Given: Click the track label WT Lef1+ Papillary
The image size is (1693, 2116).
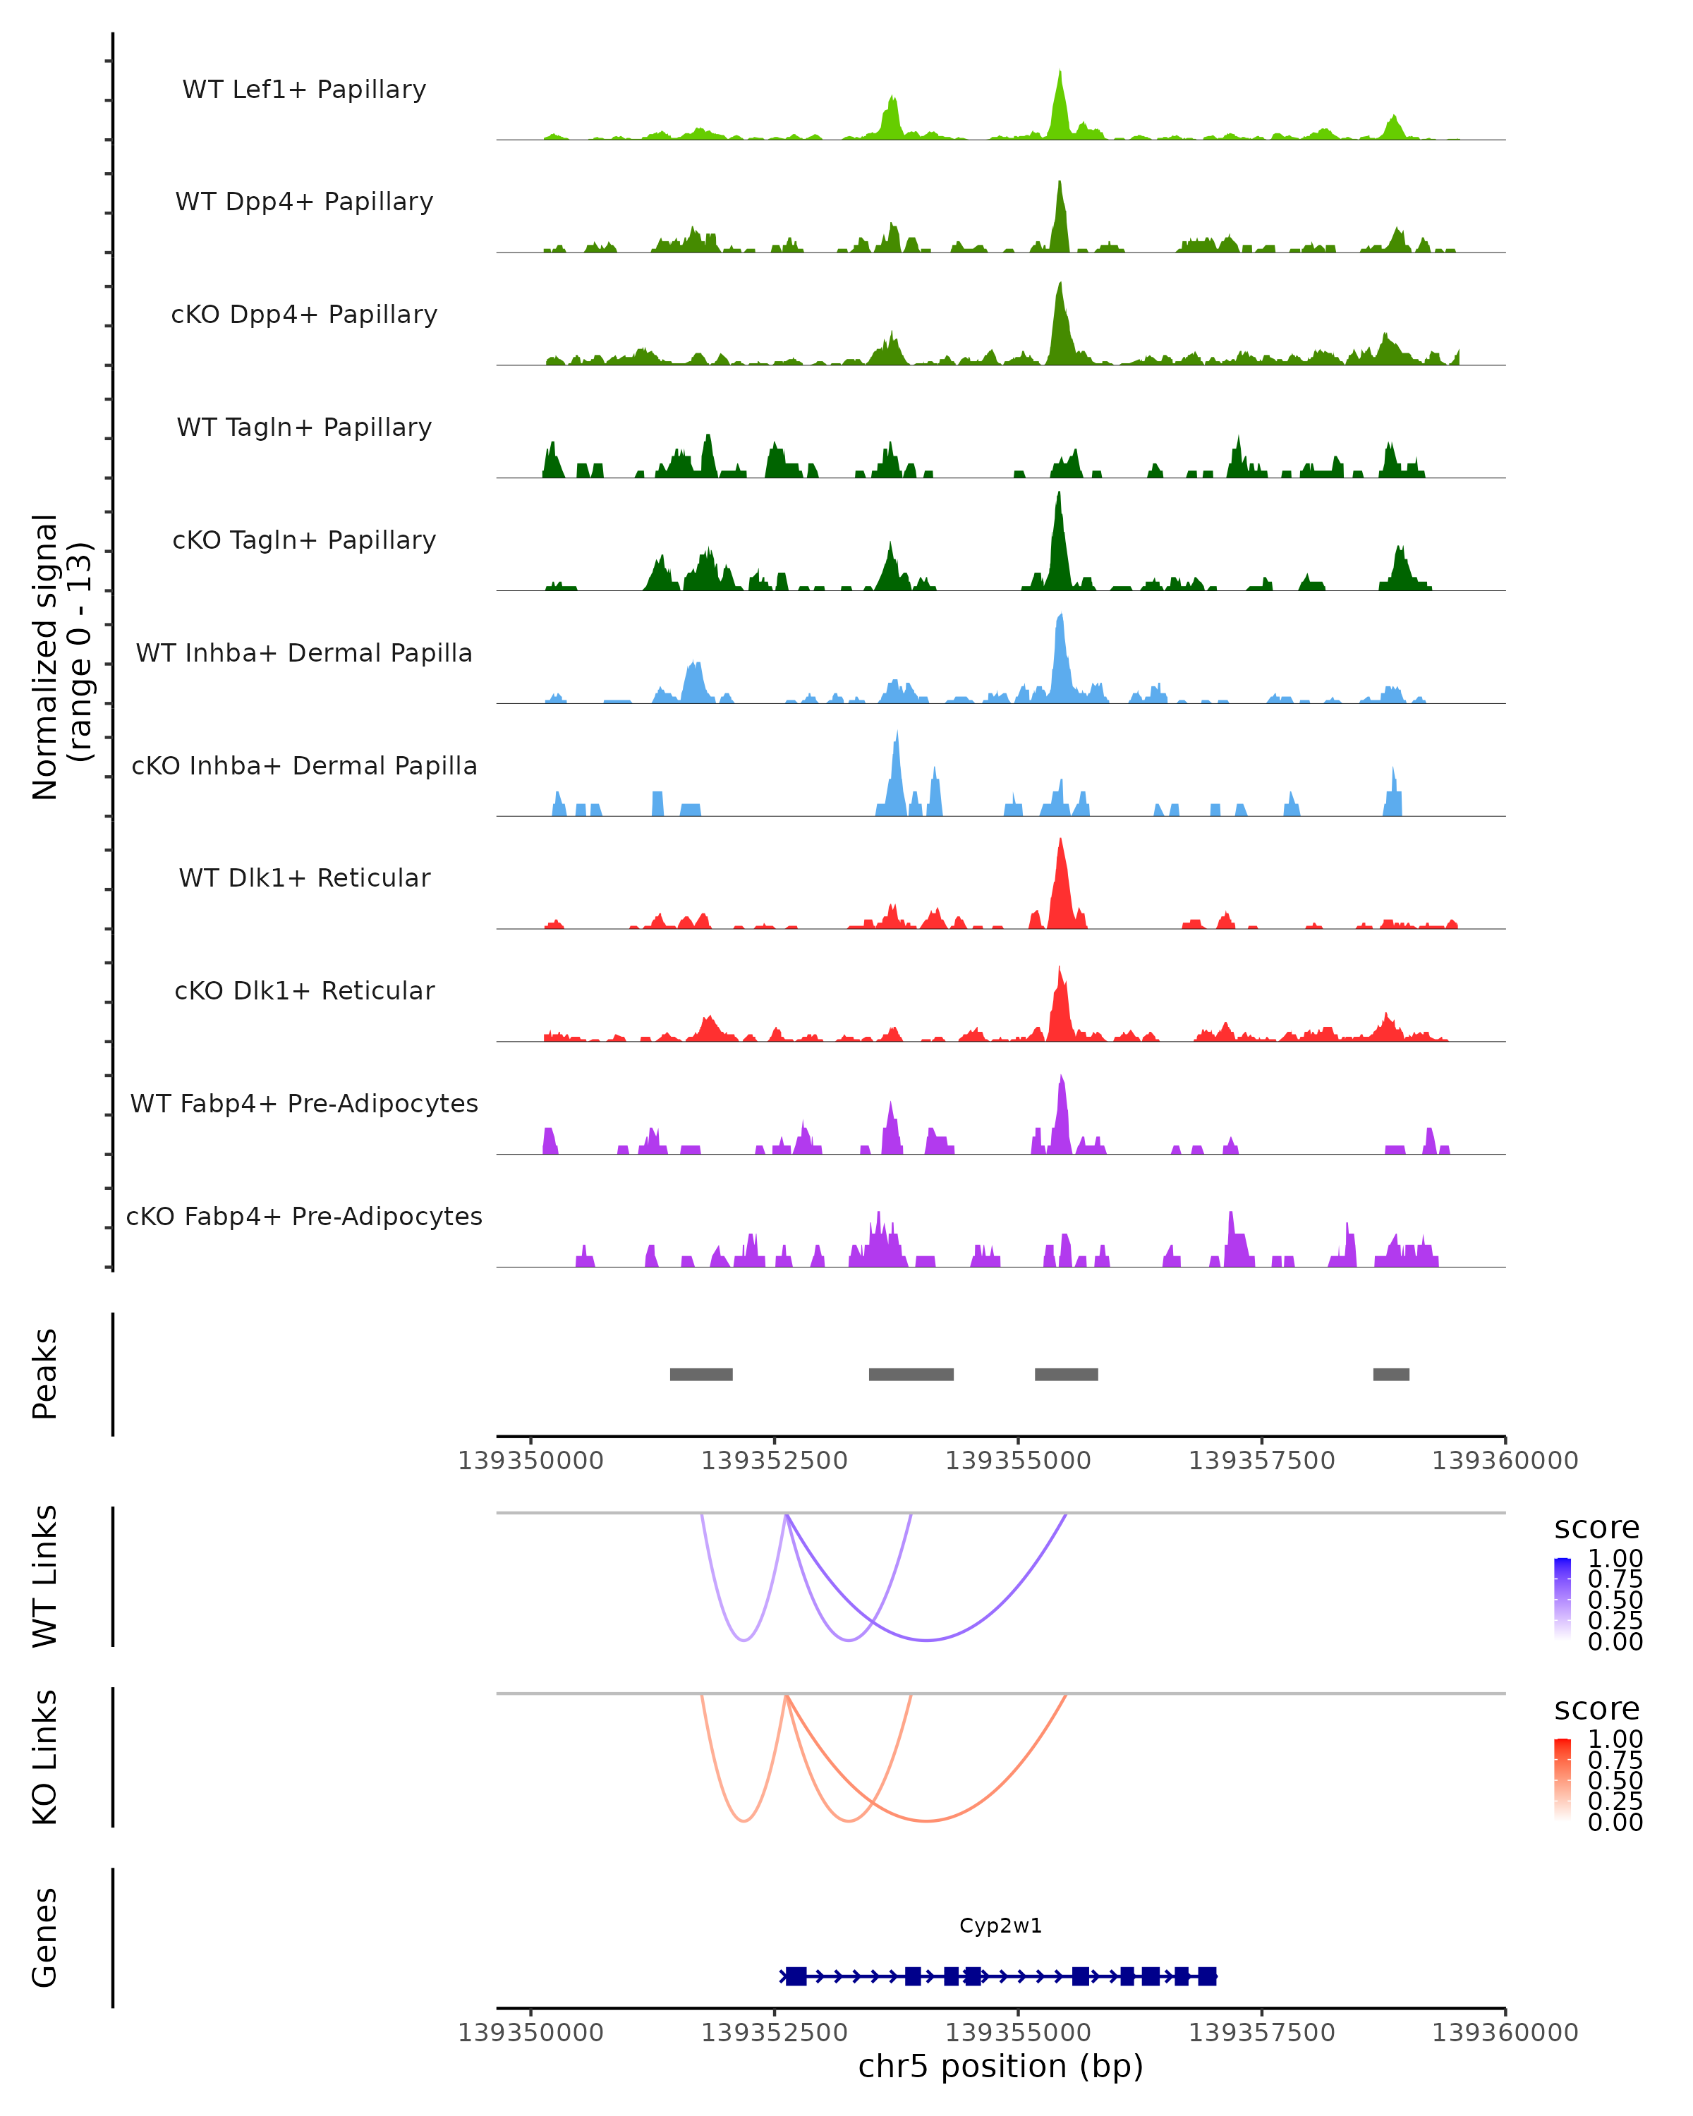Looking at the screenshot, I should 304,90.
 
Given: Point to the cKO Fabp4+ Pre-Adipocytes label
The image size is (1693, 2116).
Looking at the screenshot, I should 304,1216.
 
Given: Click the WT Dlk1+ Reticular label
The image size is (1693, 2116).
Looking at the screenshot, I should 304,877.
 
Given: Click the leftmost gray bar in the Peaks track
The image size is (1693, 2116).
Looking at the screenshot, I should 700,1374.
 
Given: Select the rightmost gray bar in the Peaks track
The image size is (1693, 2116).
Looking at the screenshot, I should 1390,1374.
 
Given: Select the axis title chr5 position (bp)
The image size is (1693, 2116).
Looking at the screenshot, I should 1000,2066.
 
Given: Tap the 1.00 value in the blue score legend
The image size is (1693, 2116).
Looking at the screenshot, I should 1615,1559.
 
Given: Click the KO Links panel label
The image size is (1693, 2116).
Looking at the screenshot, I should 45,1757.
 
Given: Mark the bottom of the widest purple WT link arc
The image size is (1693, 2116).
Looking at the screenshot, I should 926,1640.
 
